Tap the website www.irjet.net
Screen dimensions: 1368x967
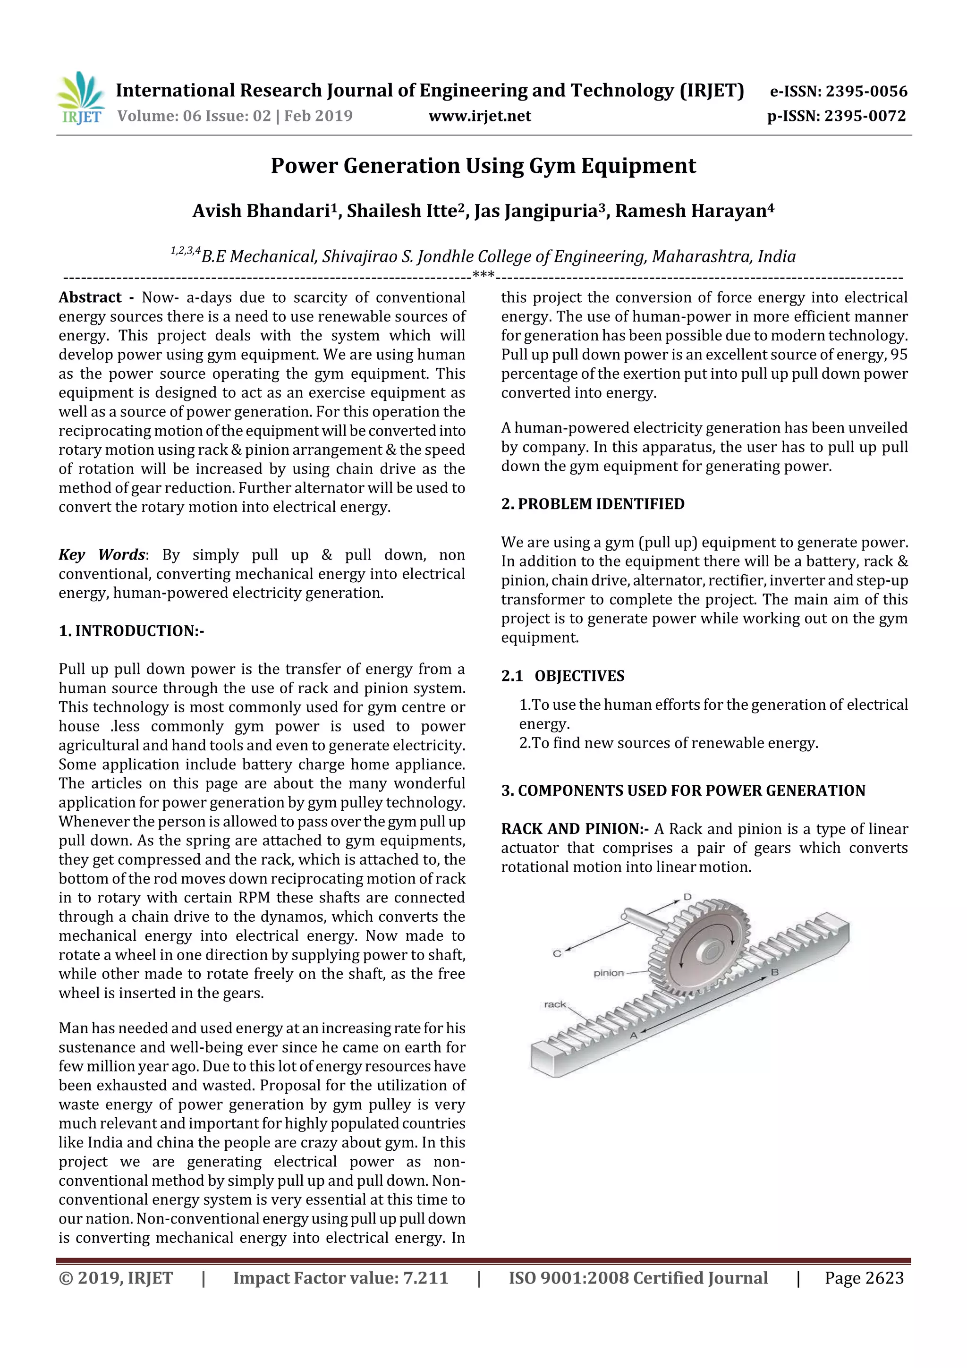pos(480,116)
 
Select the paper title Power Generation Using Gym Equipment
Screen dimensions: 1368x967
pos(483,166)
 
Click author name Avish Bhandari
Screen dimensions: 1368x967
pos(261,211)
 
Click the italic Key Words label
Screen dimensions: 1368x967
pos(102,555)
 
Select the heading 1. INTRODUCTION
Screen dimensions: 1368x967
pos(131,631)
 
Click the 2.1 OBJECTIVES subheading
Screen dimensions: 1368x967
pos(562,676)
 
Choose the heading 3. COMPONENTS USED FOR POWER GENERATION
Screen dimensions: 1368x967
pos(683,790)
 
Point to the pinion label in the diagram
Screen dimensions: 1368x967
pos(608,973)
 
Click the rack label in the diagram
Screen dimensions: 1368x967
pos(555,1004)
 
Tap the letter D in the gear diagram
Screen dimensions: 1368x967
pos(687,897)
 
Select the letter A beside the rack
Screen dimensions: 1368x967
pos(634,1035)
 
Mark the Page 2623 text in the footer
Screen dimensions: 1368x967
pos(864,1278)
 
